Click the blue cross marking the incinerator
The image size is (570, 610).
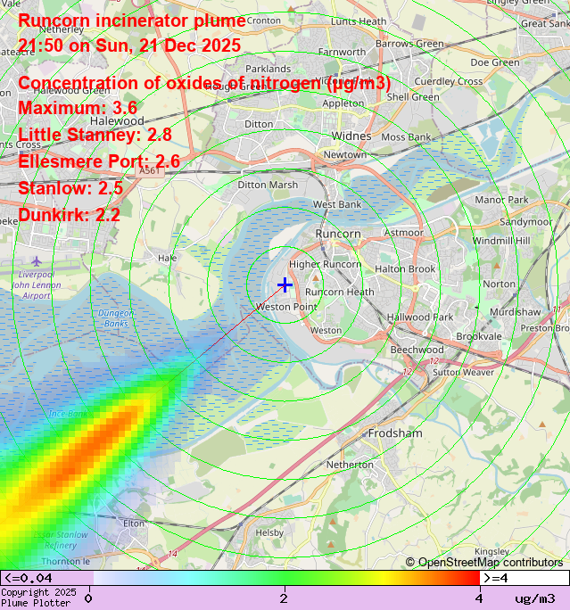click(285, 284)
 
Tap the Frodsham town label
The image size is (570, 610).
click(395, 433)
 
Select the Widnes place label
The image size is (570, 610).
click(351, 136)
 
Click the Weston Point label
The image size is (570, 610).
click(286, 307)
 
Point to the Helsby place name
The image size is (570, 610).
click(269, 532)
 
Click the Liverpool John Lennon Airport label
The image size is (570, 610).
click(37, 285)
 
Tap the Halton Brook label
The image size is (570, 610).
click(405, 269)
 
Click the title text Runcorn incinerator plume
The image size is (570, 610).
click(132, 21)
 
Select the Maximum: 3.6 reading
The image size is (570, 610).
click(78, 108)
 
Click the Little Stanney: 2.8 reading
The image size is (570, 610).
click(95, 135)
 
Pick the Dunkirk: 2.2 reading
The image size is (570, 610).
click(70, 215)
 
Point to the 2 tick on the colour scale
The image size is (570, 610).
click(284, 598)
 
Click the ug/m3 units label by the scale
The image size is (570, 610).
click(534, 598)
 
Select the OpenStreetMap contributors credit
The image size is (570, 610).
click(484, 562)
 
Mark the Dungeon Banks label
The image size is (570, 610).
click(116, 318)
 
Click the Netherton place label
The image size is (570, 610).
click(350, 465)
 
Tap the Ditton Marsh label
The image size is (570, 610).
click(268, 185)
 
